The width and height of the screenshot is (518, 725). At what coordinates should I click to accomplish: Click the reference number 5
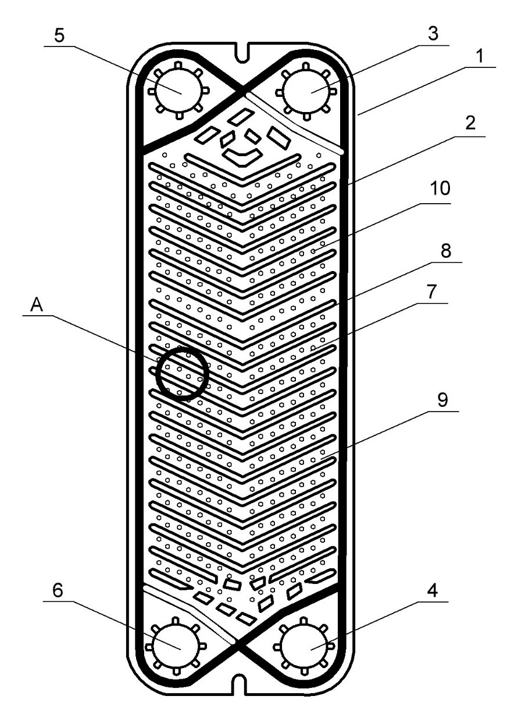point(59,34)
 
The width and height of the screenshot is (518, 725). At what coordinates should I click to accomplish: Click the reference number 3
point(433,35)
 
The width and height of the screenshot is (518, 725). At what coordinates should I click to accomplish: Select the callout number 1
point(479,57)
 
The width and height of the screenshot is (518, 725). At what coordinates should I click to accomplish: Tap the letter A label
point(37,305)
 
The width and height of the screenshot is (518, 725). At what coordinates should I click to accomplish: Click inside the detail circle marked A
point(183,373)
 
